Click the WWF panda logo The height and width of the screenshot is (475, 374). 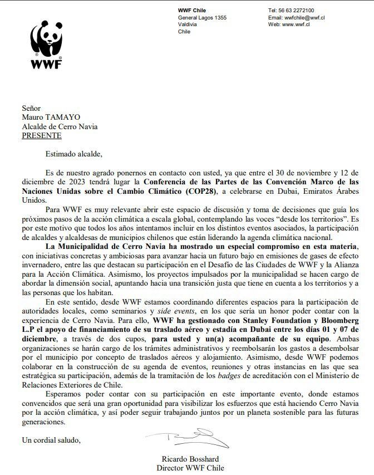[47, 39]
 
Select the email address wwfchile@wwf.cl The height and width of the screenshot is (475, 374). [304, 18]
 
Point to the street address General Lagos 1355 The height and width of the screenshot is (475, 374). [202, 18]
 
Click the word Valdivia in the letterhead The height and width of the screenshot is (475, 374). [188, 25]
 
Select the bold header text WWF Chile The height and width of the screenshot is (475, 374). [192, 11]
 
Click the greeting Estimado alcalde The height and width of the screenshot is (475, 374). [71, 154]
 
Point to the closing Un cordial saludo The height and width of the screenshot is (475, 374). [51, 440]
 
